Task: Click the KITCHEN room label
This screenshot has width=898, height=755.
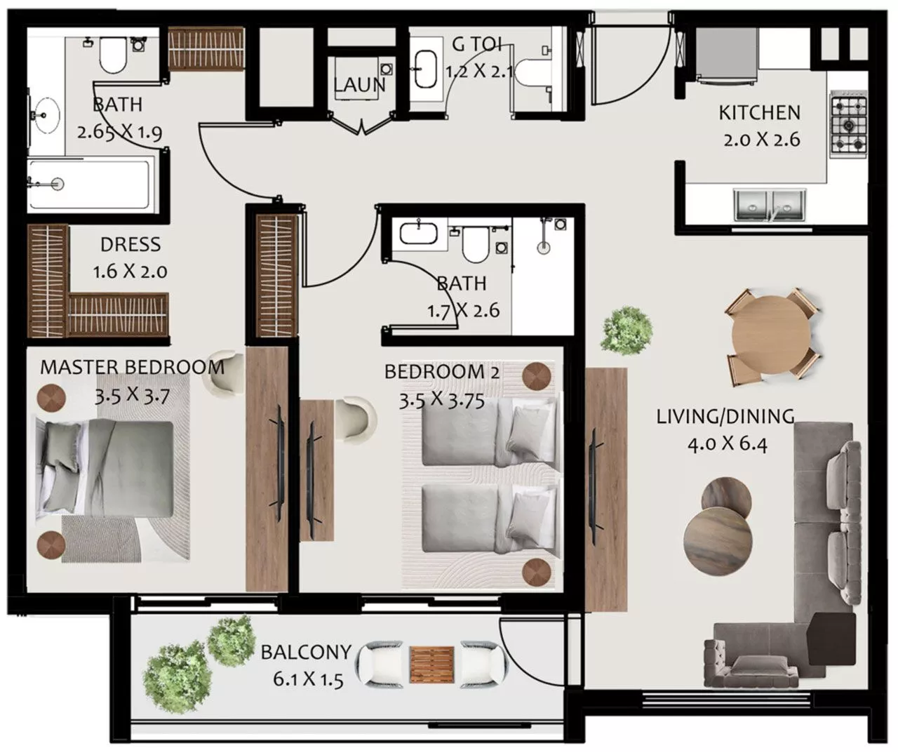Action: click(x=759, y=112)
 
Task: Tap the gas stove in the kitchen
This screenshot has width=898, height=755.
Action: click(x=848, y=126)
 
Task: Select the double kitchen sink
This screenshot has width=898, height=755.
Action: click(x=770, y=204)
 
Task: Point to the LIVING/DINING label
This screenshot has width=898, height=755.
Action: click(x=725, y=416)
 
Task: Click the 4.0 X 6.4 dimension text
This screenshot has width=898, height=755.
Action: click(x=728, y=443)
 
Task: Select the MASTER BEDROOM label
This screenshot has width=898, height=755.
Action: click(x=132, y=366)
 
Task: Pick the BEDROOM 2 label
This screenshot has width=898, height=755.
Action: click(x=442, y=372)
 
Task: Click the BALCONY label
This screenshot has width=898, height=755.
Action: click(x=305, y=651)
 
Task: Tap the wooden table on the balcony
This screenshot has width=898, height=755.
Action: click(x=431, y=664)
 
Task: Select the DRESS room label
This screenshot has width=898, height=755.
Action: click(x=130, y=244)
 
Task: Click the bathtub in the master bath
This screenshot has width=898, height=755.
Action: click(x=88, y=184)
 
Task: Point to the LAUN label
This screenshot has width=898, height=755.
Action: click(x=359, y=86)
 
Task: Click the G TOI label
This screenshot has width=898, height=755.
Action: click(x=477, y=44)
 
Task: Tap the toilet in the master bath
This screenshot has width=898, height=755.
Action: click(x=112, y=55)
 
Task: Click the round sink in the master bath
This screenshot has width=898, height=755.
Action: click(x=47, y=114)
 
